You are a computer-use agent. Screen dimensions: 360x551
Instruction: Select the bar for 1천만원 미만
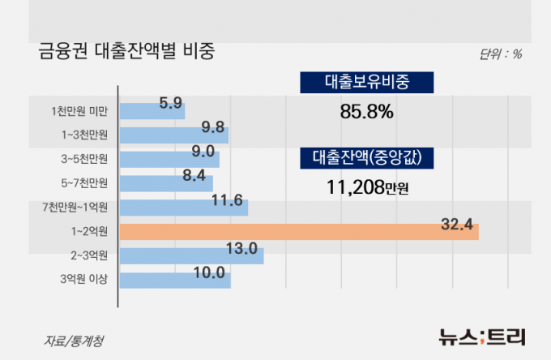pyautogui.click(x=152, y=110)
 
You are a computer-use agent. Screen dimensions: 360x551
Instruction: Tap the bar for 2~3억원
pyautogui.click(x=191, y=256)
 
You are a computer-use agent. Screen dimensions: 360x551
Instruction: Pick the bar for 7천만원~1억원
pyautogui.click(x=183, y=208)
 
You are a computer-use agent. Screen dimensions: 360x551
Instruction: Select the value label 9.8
pyautogui.click(x=213, y=126)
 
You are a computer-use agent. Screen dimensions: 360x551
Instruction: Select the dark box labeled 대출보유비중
pyautogui.click(x=367, y=83)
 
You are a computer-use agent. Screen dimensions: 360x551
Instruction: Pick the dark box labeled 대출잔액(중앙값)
pyautogui.click(x=367, y=158)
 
